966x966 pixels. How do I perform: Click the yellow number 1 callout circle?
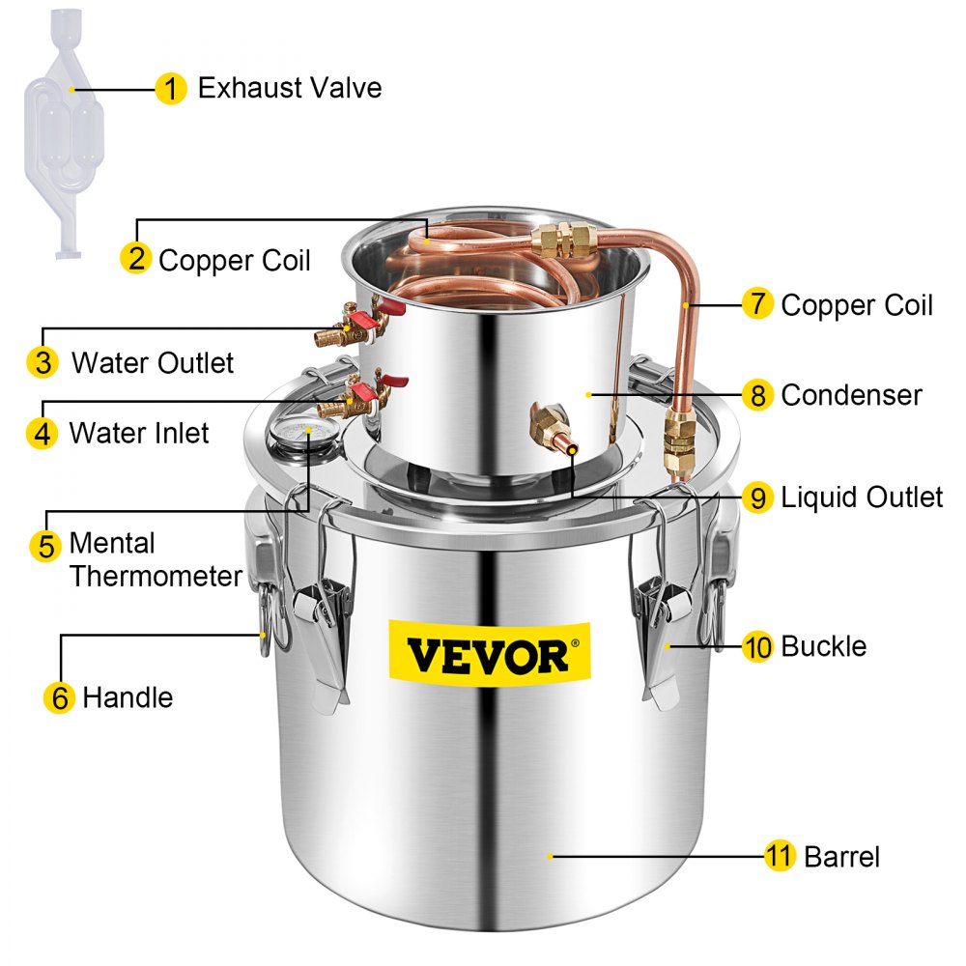click(170, 89)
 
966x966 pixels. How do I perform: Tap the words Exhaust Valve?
click(290, 88)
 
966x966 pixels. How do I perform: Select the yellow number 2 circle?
click(136, 259)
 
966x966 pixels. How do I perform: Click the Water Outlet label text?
click(153, 363)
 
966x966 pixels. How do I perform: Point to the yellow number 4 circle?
click(43, 433)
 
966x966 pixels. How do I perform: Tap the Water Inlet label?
click(138, 432)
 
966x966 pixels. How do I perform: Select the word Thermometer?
click(156, 577)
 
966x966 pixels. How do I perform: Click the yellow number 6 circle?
click(60, 697)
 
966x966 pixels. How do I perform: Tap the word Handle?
click(128, 696)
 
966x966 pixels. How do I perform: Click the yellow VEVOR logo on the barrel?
click(488, 656)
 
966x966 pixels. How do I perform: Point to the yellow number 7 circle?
click(757, 304)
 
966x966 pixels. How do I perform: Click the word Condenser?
click(851, 394)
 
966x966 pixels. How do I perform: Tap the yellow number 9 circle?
click(758, 497)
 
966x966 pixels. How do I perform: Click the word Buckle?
click(823, 645)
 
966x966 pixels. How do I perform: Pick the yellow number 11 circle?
click(780, 855)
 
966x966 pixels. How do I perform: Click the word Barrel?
click(841, 855)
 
